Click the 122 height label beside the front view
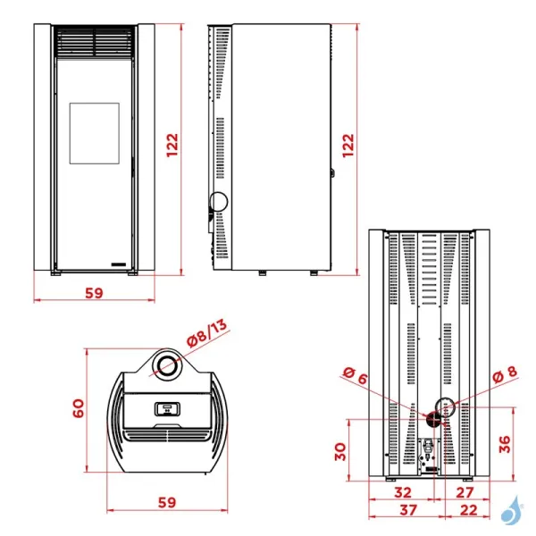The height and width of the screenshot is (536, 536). coord(172,145)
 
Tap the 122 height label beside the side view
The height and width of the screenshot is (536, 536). coord(348,145)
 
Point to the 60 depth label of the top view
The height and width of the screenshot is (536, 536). coord(78,408)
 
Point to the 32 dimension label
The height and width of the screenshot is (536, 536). coord(403,492)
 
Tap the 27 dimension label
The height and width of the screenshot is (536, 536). coord(464,492)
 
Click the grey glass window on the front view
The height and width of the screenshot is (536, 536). coord(94,133)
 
